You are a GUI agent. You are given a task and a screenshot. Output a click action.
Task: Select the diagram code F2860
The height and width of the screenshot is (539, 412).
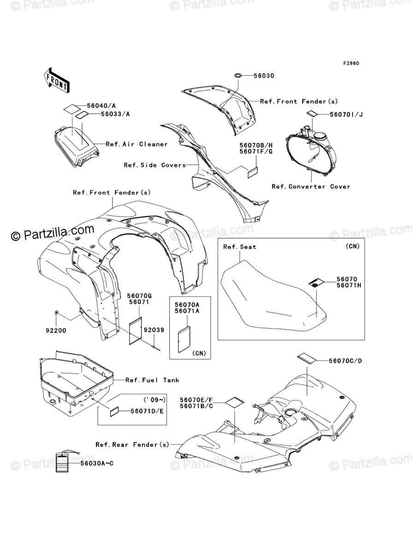(x=350, y=63)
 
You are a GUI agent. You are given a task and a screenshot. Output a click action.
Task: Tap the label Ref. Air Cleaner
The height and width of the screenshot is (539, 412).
(x=137, y=144)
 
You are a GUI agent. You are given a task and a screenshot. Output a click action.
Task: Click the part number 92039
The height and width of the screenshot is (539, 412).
(x=153, y=330)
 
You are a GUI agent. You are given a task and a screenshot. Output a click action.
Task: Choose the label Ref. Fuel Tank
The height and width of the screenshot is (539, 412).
(x=153, y=380)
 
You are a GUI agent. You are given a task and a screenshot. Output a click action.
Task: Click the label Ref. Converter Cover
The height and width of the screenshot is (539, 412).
(x=311, y=187)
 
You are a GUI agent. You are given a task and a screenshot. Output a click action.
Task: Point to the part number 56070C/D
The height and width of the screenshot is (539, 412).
(x=345, y=361)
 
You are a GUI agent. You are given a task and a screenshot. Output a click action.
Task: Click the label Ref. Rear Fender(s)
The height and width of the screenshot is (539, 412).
(x=132, y=445)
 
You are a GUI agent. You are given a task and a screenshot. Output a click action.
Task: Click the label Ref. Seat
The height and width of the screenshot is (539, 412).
(x=240, y=247)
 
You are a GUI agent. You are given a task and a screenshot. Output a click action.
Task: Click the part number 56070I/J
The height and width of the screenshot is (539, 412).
(x=346, y=114)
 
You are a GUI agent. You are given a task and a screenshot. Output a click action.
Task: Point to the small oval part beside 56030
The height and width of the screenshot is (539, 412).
(x=239, y=75)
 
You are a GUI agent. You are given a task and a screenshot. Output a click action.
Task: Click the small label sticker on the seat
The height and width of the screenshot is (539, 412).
(x=315, y=282)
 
